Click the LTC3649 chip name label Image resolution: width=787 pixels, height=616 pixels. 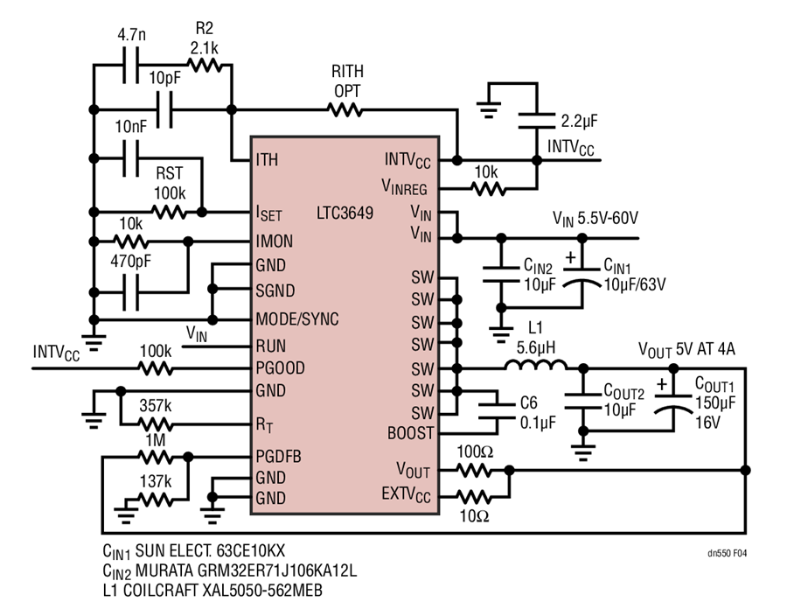(x=345, y=213)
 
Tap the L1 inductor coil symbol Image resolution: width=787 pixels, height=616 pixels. (x=536, y=365)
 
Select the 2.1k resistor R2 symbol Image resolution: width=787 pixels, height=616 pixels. (x=205, y=65)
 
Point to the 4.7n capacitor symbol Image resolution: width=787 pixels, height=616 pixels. (x=131, y=66)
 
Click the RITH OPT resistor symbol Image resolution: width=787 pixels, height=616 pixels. (x=345, y=109)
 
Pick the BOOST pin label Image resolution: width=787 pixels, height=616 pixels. (x=411, y=433)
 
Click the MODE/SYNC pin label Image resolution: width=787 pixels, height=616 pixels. (x=297, y=318)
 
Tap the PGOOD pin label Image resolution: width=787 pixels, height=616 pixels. (x=280, y=368)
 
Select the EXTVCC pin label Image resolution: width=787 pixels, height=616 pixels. (x=406, y=494)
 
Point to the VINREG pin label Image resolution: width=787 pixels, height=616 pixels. (x=404, y=187)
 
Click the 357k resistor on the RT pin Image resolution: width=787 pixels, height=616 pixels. (x=156, y=425)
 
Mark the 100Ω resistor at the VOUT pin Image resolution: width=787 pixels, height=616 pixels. (x=474, y=471)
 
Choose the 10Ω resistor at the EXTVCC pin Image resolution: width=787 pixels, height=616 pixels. (x=474, y=497)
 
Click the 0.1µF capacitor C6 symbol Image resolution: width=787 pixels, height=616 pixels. (x=497, y=410)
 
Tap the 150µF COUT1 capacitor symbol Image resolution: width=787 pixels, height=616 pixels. (x=673, y=403)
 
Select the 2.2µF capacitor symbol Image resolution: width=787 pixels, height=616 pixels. (x=537, y=121)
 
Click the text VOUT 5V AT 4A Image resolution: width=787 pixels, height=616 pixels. (x=686, y=349)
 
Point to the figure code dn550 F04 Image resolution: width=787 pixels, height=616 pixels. (x=728, y=553)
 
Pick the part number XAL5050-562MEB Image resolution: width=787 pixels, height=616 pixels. (x=262, y=591)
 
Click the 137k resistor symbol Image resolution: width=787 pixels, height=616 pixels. (x=156, y=500)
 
